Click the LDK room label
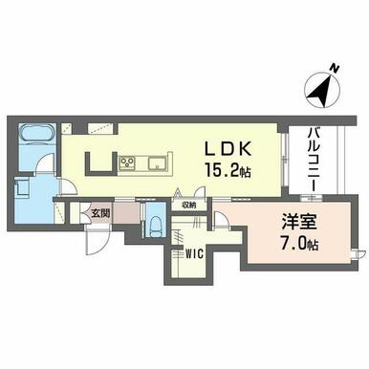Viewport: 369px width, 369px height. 228,148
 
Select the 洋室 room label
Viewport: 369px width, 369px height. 298,222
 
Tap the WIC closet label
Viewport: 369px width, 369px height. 194,254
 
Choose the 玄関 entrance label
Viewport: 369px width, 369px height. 100,213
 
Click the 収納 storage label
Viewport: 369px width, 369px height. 189,206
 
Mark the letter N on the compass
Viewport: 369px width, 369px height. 334,68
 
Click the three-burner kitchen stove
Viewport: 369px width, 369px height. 127,163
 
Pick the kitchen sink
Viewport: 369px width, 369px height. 157,163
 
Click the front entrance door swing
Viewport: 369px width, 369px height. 98,240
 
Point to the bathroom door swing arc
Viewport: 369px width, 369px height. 45,162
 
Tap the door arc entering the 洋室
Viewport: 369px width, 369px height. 220,219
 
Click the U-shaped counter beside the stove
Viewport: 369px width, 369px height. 100,163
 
